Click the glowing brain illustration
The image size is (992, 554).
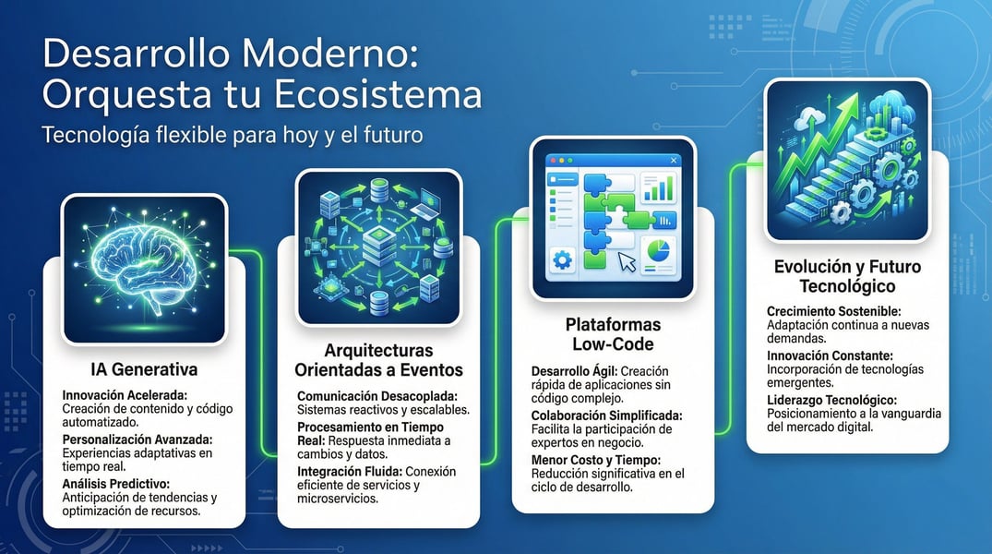tap(143, 269)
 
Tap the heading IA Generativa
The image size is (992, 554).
tap(144, 370)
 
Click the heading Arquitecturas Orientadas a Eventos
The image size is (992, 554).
tap(378, 361)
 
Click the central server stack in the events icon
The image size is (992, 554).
tap(379, 247)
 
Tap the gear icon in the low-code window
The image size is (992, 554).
tap(561, 261)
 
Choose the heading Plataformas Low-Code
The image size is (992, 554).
tap(612, 334)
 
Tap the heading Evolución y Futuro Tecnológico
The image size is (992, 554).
tap(847, 276)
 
